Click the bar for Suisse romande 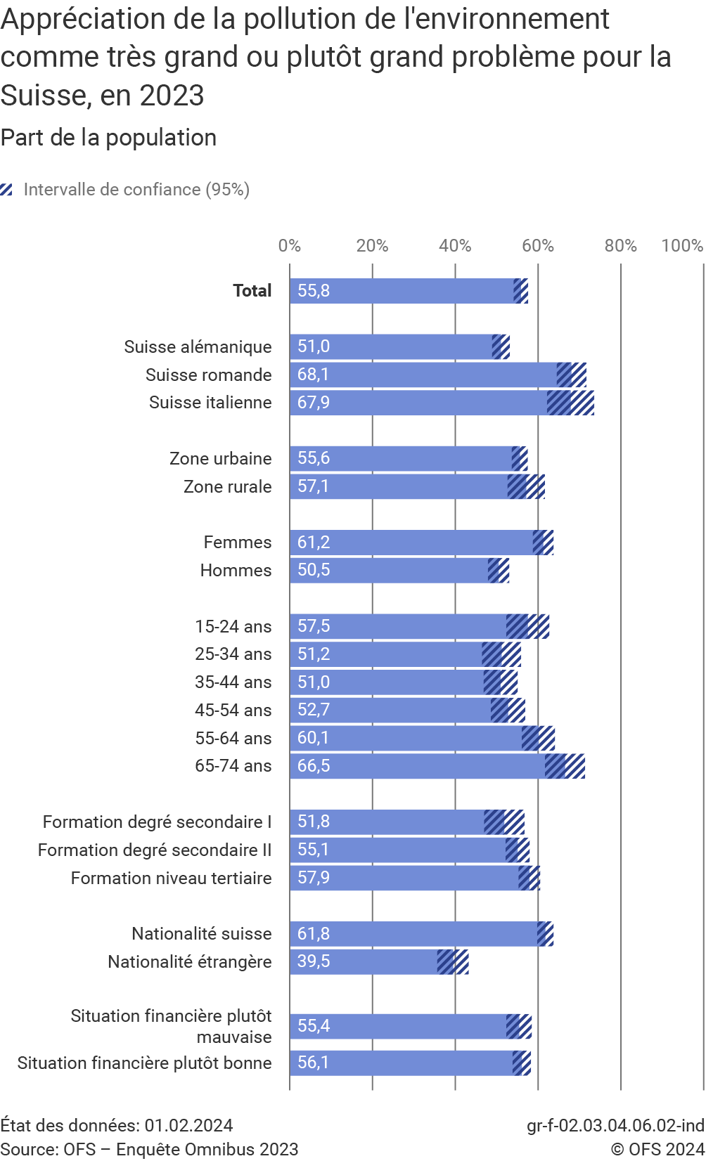coord(422,375)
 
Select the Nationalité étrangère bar coord(366,961)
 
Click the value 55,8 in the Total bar coord(314,291)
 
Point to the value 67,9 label coord(314,403)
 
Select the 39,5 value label coord(314,961)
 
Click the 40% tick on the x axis coord(455,245)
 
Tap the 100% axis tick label coord(682,245)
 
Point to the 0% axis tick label coord(290,245)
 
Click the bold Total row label coord(252,291)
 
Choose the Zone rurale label coord(227,486)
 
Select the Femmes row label coord(237,543)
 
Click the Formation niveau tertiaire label coord(171,878)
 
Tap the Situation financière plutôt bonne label coord(144,1063)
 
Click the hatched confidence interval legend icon coord(7,190)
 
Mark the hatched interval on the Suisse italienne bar coord(570,403)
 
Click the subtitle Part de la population coord(108,138)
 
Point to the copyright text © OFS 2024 coord(657,1149)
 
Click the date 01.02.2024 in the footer coord(188,1125)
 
